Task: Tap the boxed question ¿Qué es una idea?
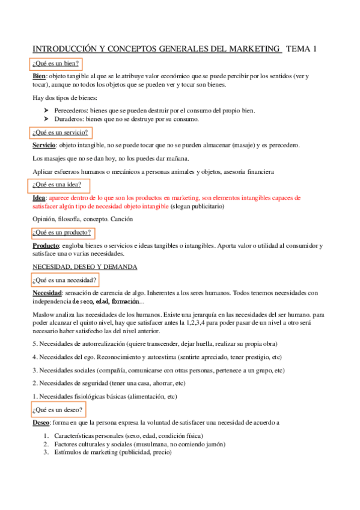[57, 185]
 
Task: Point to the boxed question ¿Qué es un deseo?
[58, 410]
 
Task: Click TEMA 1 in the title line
[301, 49]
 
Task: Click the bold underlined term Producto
[45, 246]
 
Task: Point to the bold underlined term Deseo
[41, 423]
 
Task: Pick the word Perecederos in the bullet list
[71, 111]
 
